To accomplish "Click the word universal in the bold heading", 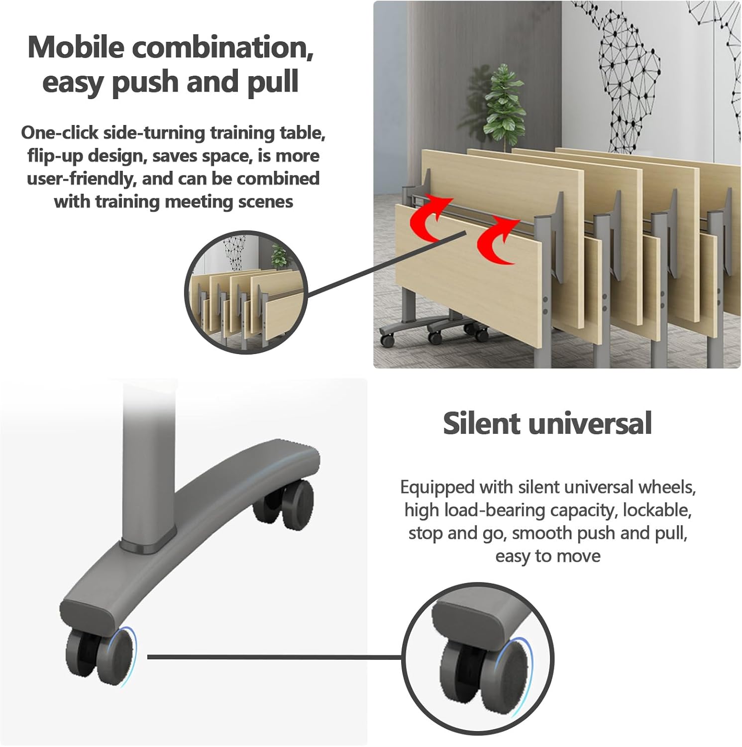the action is click(x=590, y=423).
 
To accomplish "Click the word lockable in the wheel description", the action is click(x=657, y=510).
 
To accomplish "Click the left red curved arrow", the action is click(x=430, y=219).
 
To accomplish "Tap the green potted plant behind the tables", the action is click(x=505, y=107).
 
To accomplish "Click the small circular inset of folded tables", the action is click(x=247, y=292).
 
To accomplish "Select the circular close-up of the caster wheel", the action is click(x=478, y=658).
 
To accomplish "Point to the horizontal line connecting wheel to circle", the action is click(x=275, y=657).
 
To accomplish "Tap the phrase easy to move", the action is click(x=548, y=556).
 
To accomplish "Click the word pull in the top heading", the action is click(x=273, y=83).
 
